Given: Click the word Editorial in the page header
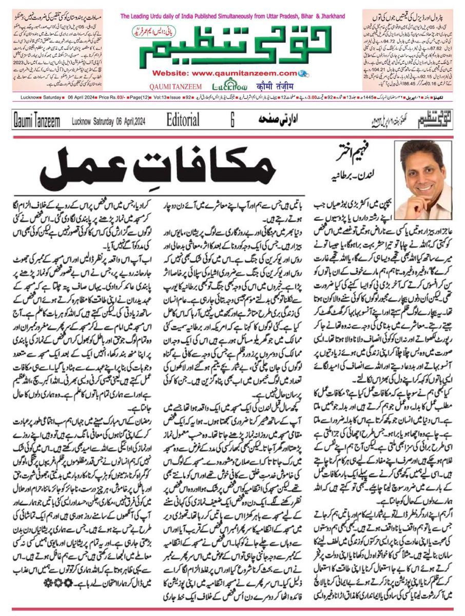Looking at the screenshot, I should click(x=183, y=120).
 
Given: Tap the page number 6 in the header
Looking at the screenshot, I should click(x=232, y=120).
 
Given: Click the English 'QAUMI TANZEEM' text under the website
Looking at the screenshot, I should click(x=176, y=87).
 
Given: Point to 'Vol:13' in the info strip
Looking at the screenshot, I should click(x=162, y=97).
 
